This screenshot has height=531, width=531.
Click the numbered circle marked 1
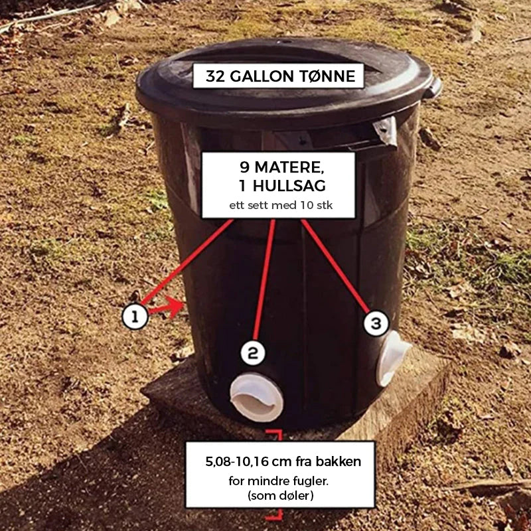click(135, 317)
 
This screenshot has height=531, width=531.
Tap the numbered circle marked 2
click(253, 352)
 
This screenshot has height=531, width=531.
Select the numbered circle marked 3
click(376, 323)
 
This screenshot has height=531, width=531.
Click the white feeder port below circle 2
click(256, 397)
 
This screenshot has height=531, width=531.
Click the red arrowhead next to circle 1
click(175, 307)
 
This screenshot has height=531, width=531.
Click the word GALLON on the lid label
click(262, 76)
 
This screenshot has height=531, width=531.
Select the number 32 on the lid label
click(215, 76)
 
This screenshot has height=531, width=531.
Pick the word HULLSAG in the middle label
click(289, 186)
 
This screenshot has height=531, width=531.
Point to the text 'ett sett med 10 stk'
click(281, 205)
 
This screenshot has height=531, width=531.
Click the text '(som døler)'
click(280, 495)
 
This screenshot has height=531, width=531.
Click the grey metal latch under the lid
click(386, 130)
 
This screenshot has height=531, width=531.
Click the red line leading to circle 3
click(335, 265)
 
